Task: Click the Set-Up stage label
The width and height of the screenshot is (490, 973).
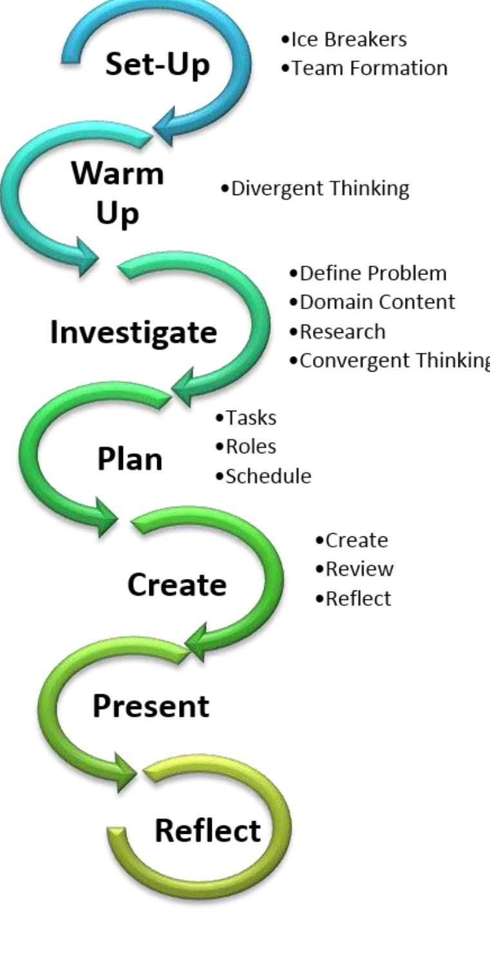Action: pyautogui.click(x=157, y=64)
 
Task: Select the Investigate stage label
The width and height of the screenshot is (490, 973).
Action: pyautogui.click(x=133, y=332)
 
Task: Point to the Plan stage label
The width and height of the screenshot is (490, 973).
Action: pyautogui.click(x=129, y=459)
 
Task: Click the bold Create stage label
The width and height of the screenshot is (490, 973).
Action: pyautogui.click(x=176, y=585)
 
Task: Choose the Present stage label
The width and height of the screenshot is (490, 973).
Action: pyautogui.click(x=151, y=706)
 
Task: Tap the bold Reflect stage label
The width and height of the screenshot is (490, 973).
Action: pyautogui.click(x=207, y=830)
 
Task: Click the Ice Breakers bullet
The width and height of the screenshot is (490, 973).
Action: pyautogui.click(x=348, y=39)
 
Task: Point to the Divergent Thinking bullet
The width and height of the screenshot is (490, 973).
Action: pyautogui.click(x=318, y=188)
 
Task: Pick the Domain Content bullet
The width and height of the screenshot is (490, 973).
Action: pyautogui.click(x=376, y=301)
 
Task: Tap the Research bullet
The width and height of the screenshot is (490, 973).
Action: pyautogui.click(x=342, y=331)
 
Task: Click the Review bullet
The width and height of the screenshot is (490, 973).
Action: pyautogui.click(x=357, y=569)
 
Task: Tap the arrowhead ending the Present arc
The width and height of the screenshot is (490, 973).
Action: pyautogui.click(x=126, y=772)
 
